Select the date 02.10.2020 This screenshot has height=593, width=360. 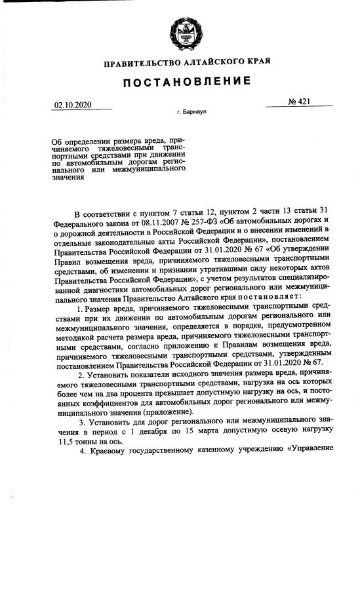click(72, 104)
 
